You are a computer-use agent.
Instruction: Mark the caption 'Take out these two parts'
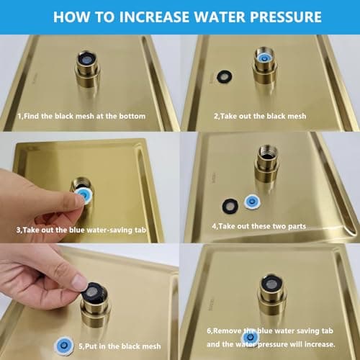pyautogui.click(x=257, y=226)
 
